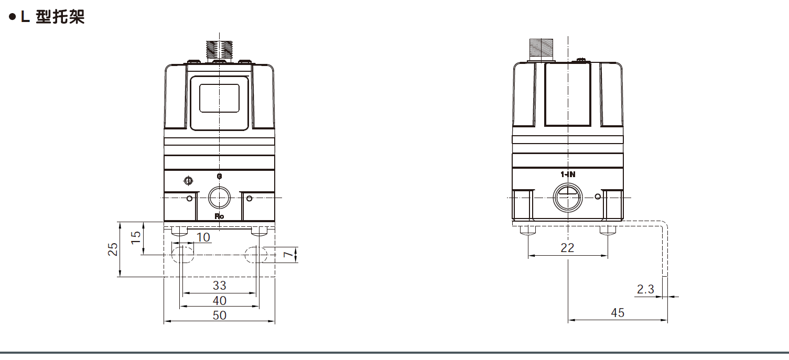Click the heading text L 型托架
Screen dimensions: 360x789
tap(52, 17)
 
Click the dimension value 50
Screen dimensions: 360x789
tap(219, 315)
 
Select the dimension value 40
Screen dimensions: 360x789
tap(219, 300)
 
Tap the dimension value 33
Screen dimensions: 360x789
tap(219, 285)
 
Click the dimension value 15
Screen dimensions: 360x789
tap(135, 236)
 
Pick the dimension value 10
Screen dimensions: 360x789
tap(203, 237)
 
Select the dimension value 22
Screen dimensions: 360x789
tap(567, 248)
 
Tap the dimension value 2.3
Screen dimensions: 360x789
tap(645, 289)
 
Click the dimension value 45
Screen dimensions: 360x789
tap(618, 313)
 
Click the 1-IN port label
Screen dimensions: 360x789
tap(568, 174)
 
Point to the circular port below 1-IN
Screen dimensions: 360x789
tap(568, 197)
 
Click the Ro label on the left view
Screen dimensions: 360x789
tap(219, 216)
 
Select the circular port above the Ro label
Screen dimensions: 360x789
tap(219, 198)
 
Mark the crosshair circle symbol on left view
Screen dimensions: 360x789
tap(188, 181)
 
